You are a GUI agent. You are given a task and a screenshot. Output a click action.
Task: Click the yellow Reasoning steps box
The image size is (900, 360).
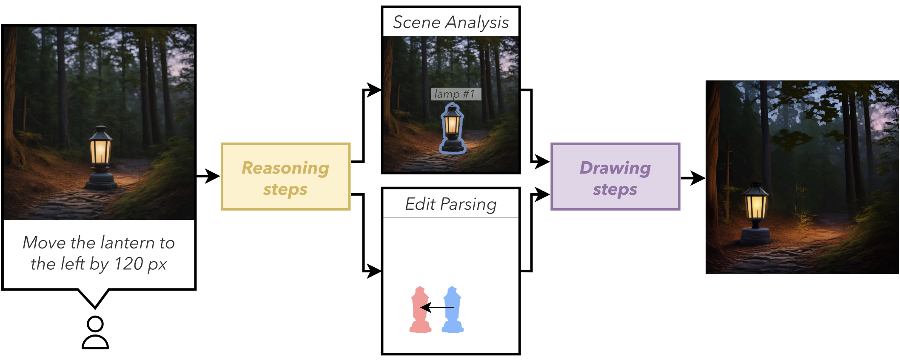pyautogui.click(x=285, y=177)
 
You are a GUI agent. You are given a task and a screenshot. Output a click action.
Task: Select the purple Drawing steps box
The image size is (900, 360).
pyautogui.click(x=615, y=177)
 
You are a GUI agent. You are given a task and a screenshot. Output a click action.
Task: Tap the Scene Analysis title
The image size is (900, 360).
pyautogui.click(x=451, y=22)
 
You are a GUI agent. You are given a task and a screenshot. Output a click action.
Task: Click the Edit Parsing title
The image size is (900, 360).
pyautogui.click(x=451, y=204)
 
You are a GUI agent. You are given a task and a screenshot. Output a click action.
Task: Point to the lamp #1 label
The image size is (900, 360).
pyautogui.click(x=456, y=94)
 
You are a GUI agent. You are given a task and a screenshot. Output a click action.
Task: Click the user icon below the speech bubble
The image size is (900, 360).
pyautogui.click(x=95, y=333)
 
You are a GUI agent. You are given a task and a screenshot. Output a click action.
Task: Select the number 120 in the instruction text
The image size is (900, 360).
pyautogui.click(x=128, y=264)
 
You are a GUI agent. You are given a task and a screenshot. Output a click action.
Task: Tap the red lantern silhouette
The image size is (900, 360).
pyautogui.click(x=420, y=309)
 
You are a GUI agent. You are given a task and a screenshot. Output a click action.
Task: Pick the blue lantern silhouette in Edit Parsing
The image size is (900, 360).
pyautogui.click(x=453, y=309)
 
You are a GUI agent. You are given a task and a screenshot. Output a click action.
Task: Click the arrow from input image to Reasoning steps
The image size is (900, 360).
pyautogui.click(x=208, y=176)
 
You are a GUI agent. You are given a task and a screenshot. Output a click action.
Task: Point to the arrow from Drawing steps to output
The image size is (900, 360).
pyautogui.click(x=693, y=178)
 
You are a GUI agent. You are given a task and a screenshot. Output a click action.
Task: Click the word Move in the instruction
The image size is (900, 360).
pyautogui.click(x=45, y=243)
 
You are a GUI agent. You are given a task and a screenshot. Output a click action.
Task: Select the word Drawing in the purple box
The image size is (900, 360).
pyautogui.click(x=615, y=168)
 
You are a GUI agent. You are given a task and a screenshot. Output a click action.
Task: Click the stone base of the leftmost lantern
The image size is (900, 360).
pyautogui.click(x=101, y=181)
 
